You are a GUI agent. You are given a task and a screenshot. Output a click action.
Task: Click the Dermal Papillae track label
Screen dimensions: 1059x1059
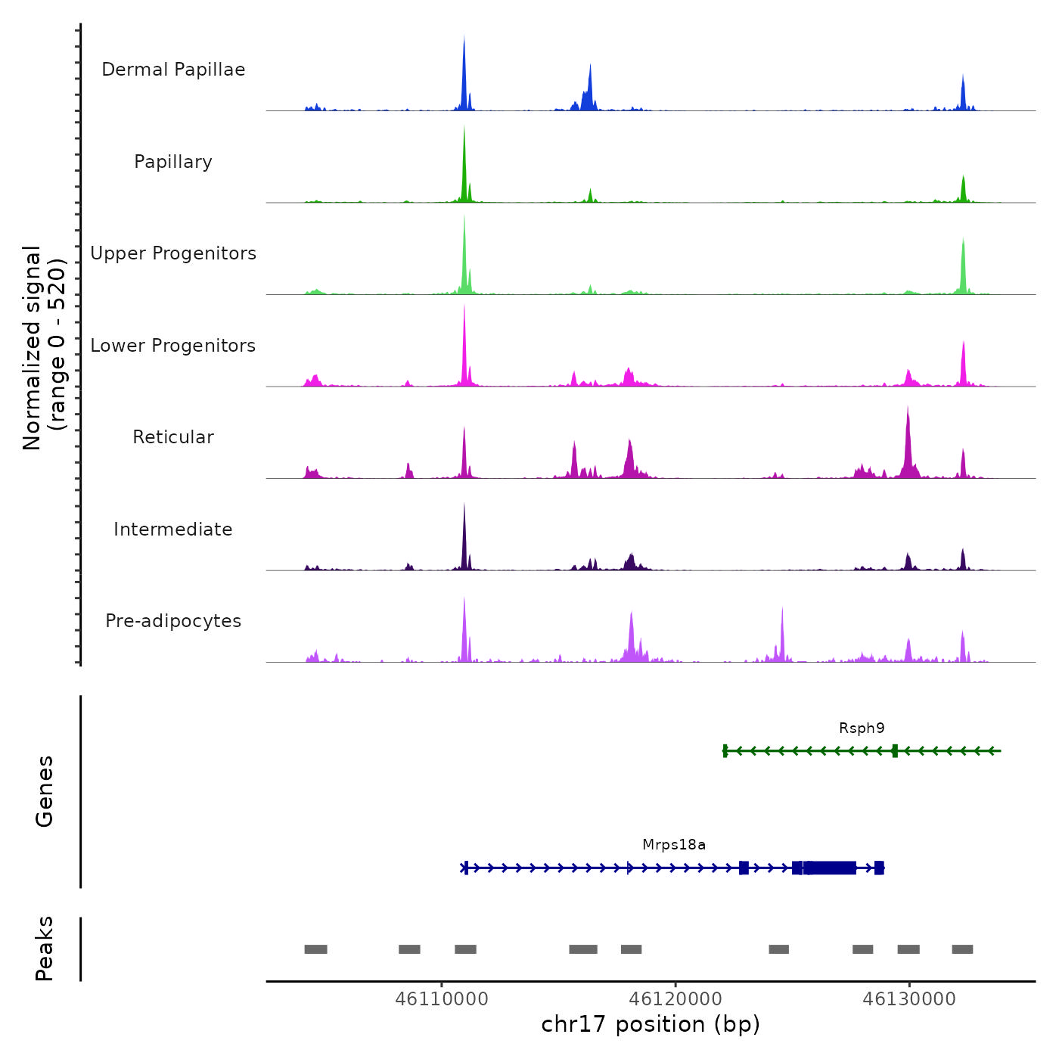point(173,70)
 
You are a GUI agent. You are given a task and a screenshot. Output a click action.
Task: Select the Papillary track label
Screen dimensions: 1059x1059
point(173,162)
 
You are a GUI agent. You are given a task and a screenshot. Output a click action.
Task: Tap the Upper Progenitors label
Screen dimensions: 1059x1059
point(173,253)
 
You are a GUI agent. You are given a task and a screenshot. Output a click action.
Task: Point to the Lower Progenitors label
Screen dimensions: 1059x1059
point(173,346)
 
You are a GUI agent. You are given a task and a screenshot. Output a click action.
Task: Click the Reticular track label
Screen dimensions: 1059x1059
point(173,437)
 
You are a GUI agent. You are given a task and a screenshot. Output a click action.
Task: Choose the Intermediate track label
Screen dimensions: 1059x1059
point(173,529)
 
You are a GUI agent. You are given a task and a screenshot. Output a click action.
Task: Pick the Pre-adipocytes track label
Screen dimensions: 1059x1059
point(173,621)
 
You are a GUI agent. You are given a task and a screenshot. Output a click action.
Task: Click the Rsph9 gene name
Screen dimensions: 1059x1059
point(862,728)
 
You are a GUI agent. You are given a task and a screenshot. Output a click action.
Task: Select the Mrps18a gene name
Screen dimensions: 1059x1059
point(674,845)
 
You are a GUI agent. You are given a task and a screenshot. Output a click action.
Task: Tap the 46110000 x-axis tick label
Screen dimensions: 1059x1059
point(442,999)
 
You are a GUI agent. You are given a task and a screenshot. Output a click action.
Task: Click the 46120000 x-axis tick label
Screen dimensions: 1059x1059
point(675,999)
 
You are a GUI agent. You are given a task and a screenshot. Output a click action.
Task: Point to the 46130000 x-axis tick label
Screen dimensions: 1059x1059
point(909,999)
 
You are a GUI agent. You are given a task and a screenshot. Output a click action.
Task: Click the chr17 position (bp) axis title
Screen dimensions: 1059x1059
point(651,1024)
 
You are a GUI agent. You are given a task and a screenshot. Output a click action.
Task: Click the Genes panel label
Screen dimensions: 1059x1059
point(45,791)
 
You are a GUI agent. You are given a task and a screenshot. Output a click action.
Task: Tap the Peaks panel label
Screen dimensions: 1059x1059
point(45,949)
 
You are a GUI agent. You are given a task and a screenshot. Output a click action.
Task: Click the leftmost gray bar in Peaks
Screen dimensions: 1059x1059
point(315,949)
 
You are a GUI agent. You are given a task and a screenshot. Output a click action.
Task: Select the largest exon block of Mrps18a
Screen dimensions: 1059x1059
point(831,868)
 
